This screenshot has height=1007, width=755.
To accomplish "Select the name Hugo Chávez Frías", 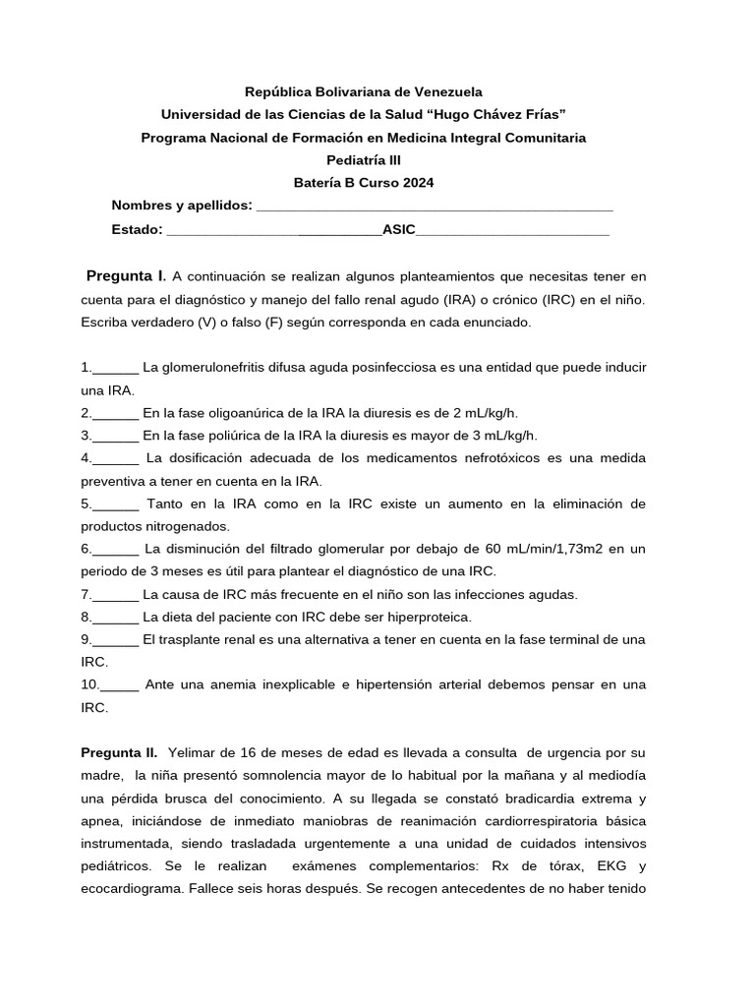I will [x=499, y=114].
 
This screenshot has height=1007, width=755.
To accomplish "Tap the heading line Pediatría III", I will [x=364, y=159].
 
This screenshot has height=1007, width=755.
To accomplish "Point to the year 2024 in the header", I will [x=417, y=182].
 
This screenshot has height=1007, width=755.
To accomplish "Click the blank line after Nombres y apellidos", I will [x=434, y=206].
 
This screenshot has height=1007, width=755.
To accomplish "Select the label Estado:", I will [x=138, y=229].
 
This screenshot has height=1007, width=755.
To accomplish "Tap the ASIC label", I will [x=398, y=229].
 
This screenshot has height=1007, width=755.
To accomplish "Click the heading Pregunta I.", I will [x=127, y=275].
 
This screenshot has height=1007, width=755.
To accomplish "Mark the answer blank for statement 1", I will [x=115, y=367].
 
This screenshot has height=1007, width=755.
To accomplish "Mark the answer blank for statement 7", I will [x=115, y=594].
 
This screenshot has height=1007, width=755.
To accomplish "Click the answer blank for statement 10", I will [x=119, y=684].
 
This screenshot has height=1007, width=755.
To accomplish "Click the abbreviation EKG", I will [x=629, y=866].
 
